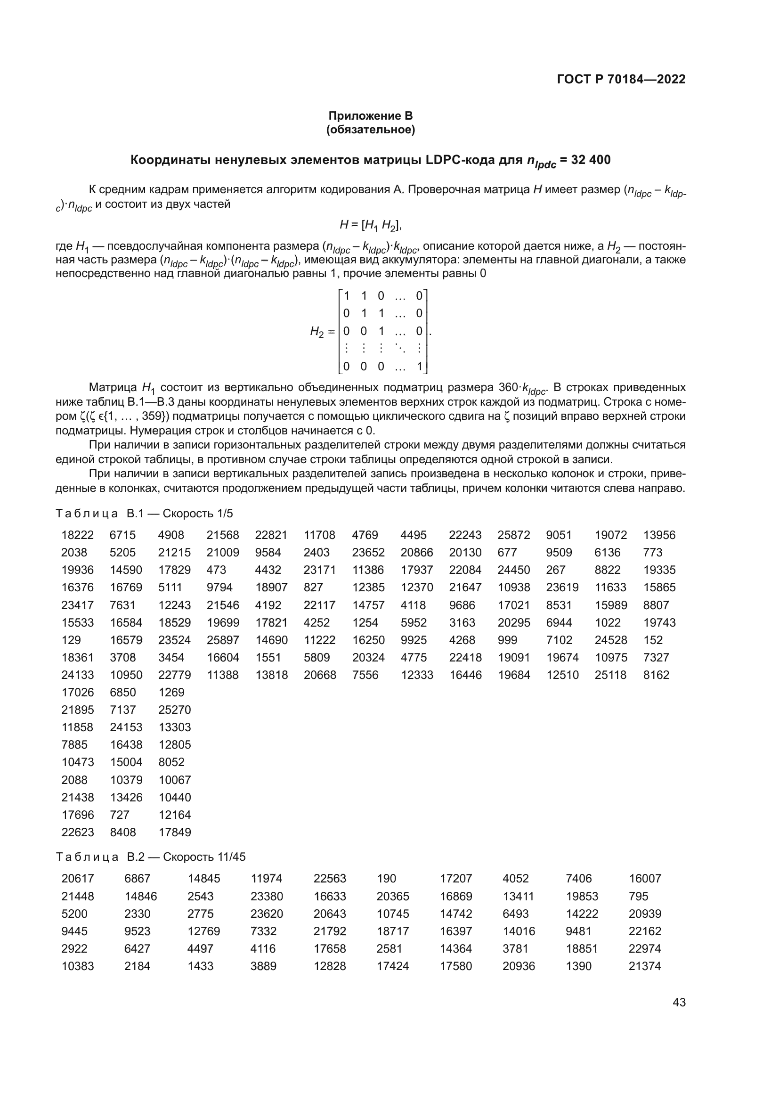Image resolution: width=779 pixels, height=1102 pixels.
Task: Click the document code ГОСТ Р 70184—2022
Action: tap(621, 79)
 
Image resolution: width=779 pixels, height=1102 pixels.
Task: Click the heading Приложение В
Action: tap(370, 116)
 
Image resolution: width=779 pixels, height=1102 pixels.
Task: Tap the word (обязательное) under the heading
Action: tap(370, 130)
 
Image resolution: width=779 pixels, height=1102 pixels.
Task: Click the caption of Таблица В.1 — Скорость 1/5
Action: tap(145, 514)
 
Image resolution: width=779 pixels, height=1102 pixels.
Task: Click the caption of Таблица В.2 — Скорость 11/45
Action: tap(151, 857)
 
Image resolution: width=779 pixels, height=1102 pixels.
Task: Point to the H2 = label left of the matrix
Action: tap(322, 331)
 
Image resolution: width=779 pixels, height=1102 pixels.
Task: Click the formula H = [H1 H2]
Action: tap(370, 225)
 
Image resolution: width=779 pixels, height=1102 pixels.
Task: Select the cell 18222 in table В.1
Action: tap(77, 535)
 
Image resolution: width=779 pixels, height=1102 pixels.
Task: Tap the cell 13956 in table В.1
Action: tap(659, 535)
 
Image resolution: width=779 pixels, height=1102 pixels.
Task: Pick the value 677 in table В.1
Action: tap(507, 553)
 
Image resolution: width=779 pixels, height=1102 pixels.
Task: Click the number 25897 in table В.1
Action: tap(223, 640)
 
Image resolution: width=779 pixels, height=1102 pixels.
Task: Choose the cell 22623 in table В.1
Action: tap(77, 832)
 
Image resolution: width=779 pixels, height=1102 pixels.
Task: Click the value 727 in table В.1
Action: tap(120, 815)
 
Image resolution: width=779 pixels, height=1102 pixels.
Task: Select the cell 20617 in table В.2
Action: tap(77, 879)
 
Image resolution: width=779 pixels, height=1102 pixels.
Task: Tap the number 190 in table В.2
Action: tap(386, 879)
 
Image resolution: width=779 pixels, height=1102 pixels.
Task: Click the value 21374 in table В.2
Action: tap(645, 966)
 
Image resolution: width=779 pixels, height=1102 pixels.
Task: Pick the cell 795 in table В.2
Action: tap(639, 896)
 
